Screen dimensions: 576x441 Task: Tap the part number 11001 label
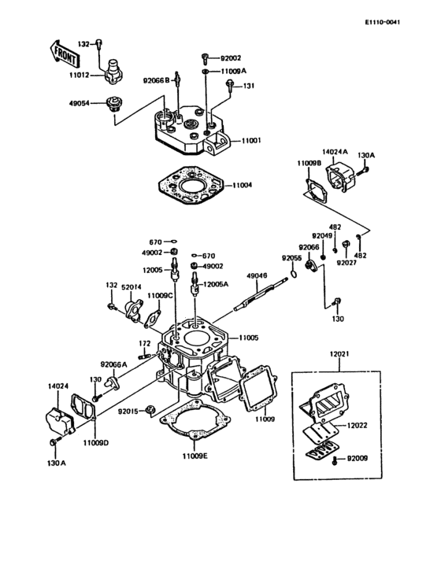point(251,140)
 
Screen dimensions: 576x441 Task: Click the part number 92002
point(231,58)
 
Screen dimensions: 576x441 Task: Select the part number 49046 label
point(258,276)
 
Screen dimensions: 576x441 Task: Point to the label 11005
point(249,338)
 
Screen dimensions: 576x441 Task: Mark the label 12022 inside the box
point(358,425)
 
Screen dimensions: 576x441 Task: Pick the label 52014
point(132,286)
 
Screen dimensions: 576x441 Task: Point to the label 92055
point(292,257)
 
